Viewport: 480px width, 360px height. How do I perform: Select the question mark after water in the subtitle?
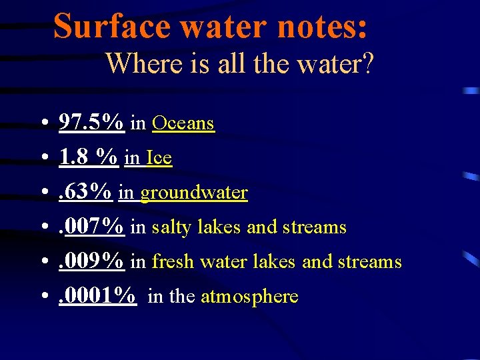[x=367, y=64]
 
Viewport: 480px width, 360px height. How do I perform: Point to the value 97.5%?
[x=91, y=123]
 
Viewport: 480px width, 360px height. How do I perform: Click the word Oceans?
[x=183, y=123]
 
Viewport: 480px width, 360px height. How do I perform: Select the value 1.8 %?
[x=89, y=157]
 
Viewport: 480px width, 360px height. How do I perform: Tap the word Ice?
[x=159, y=158]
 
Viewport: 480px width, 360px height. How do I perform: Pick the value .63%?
[x=85, y=192]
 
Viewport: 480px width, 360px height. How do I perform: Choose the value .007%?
[x=91, y=227]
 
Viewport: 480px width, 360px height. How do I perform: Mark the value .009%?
[x=91, y=261]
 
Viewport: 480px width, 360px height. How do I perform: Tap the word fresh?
[x=171, y=261]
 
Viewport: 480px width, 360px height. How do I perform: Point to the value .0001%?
[x=98, y=296]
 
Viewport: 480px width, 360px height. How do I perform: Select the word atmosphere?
[x=249, y=297]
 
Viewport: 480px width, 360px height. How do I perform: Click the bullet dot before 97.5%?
[x=42, y=124]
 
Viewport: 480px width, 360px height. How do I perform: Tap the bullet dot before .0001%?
[x=42, y=297]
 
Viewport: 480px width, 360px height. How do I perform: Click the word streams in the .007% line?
[x=313, y=227]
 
